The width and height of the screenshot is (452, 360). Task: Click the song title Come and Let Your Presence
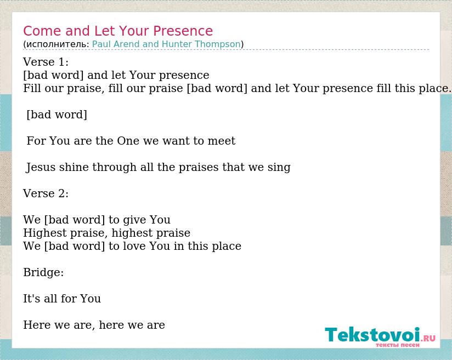(118, 31)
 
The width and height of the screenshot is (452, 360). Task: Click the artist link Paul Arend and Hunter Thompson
(166, 44)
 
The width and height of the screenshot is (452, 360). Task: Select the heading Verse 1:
(46, 62)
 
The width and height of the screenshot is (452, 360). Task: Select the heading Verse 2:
(46, 193)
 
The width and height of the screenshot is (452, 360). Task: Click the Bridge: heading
(43, 273)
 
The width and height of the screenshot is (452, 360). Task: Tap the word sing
(279, 168)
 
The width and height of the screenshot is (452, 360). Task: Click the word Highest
(44, 233)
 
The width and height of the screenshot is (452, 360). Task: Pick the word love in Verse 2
(134, 246)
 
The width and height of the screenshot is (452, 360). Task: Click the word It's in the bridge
(31, 299)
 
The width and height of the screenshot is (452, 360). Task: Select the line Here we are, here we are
(94, 325)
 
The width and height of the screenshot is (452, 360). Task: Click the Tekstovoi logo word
(372, 335)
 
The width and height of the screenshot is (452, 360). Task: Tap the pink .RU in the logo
(428, 338)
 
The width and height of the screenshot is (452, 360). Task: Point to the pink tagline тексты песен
(398, 345)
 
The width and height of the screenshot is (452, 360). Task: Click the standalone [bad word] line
(56, 115)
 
